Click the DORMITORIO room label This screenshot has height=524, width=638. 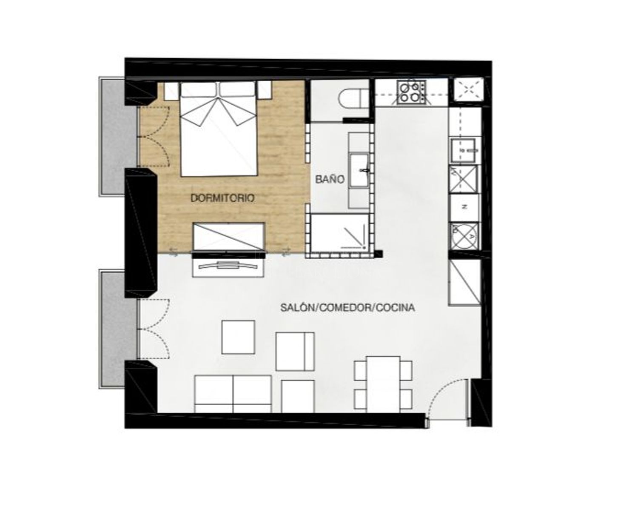[x=222, y=198]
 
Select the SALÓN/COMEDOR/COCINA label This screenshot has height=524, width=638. [x=347, y=308]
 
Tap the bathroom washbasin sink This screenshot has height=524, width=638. [x=359, y=170]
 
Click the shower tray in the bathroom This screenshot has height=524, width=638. [x=340, y=232]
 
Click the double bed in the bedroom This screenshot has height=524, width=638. [x=219, y=129]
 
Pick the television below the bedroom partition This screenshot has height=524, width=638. [x=228, y=265]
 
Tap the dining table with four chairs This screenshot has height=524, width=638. [x=383, y=384]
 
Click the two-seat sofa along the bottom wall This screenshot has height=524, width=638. [x=233, y=393]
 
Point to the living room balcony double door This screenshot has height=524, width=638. [x=153, y=329]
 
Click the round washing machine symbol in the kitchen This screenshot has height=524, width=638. [x=464, y=236]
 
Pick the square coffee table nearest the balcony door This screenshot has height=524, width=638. [x=238, y=337]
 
